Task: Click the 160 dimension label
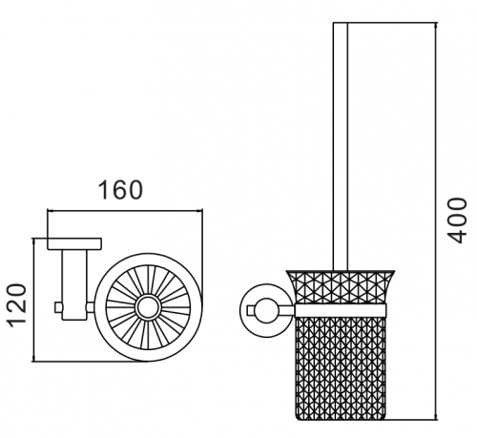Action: point(120,190)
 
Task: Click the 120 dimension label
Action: point(17,305)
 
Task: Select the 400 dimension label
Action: point(457,220)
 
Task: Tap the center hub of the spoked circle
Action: point(149,307)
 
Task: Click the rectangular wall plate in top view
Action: point(74,243)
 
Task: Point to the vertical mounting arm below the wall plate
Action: point(74,284)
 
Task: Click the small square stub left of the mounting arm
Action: point(58,307)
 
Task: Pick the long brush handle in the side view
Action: point(341,146)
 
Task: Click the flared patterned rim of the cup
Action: point(341,287)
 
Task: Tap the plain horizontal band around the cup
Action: point(341,310)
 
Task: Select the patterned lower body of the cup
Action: point(341,367)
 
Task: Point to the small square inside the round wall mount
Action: point(251,310)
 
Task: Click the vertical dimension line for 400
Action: point(436,221)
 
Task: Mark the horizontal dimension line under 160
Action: point(125,210)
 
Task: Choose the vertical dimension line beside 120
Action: point(33,300)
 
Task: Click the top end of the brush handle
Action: point(341,23)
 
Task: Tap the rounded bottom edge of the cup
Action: point(341,419)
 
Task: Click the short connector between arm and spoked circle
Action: point(91,307)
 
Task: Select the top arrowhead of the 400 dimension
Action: point(436,26)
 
